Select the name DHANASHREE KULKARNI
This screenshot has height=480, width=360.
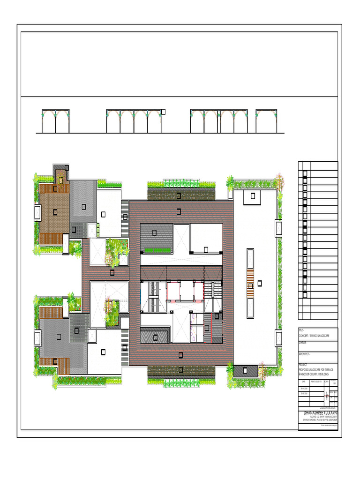point(321,413)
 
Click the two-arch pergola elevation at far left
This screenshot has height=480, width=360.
point(56,121)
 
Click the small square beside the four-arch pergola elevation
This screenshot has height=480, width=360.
point(164,112)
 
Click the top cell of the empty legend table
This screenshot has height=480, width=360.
point(318,165)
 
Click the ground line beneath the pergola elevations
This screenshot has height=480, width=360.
point(159,134)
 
